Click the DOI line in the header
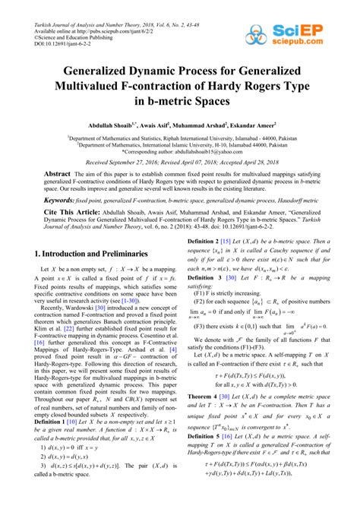click(47, 31)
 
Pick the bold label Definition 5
click(205, 460)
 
